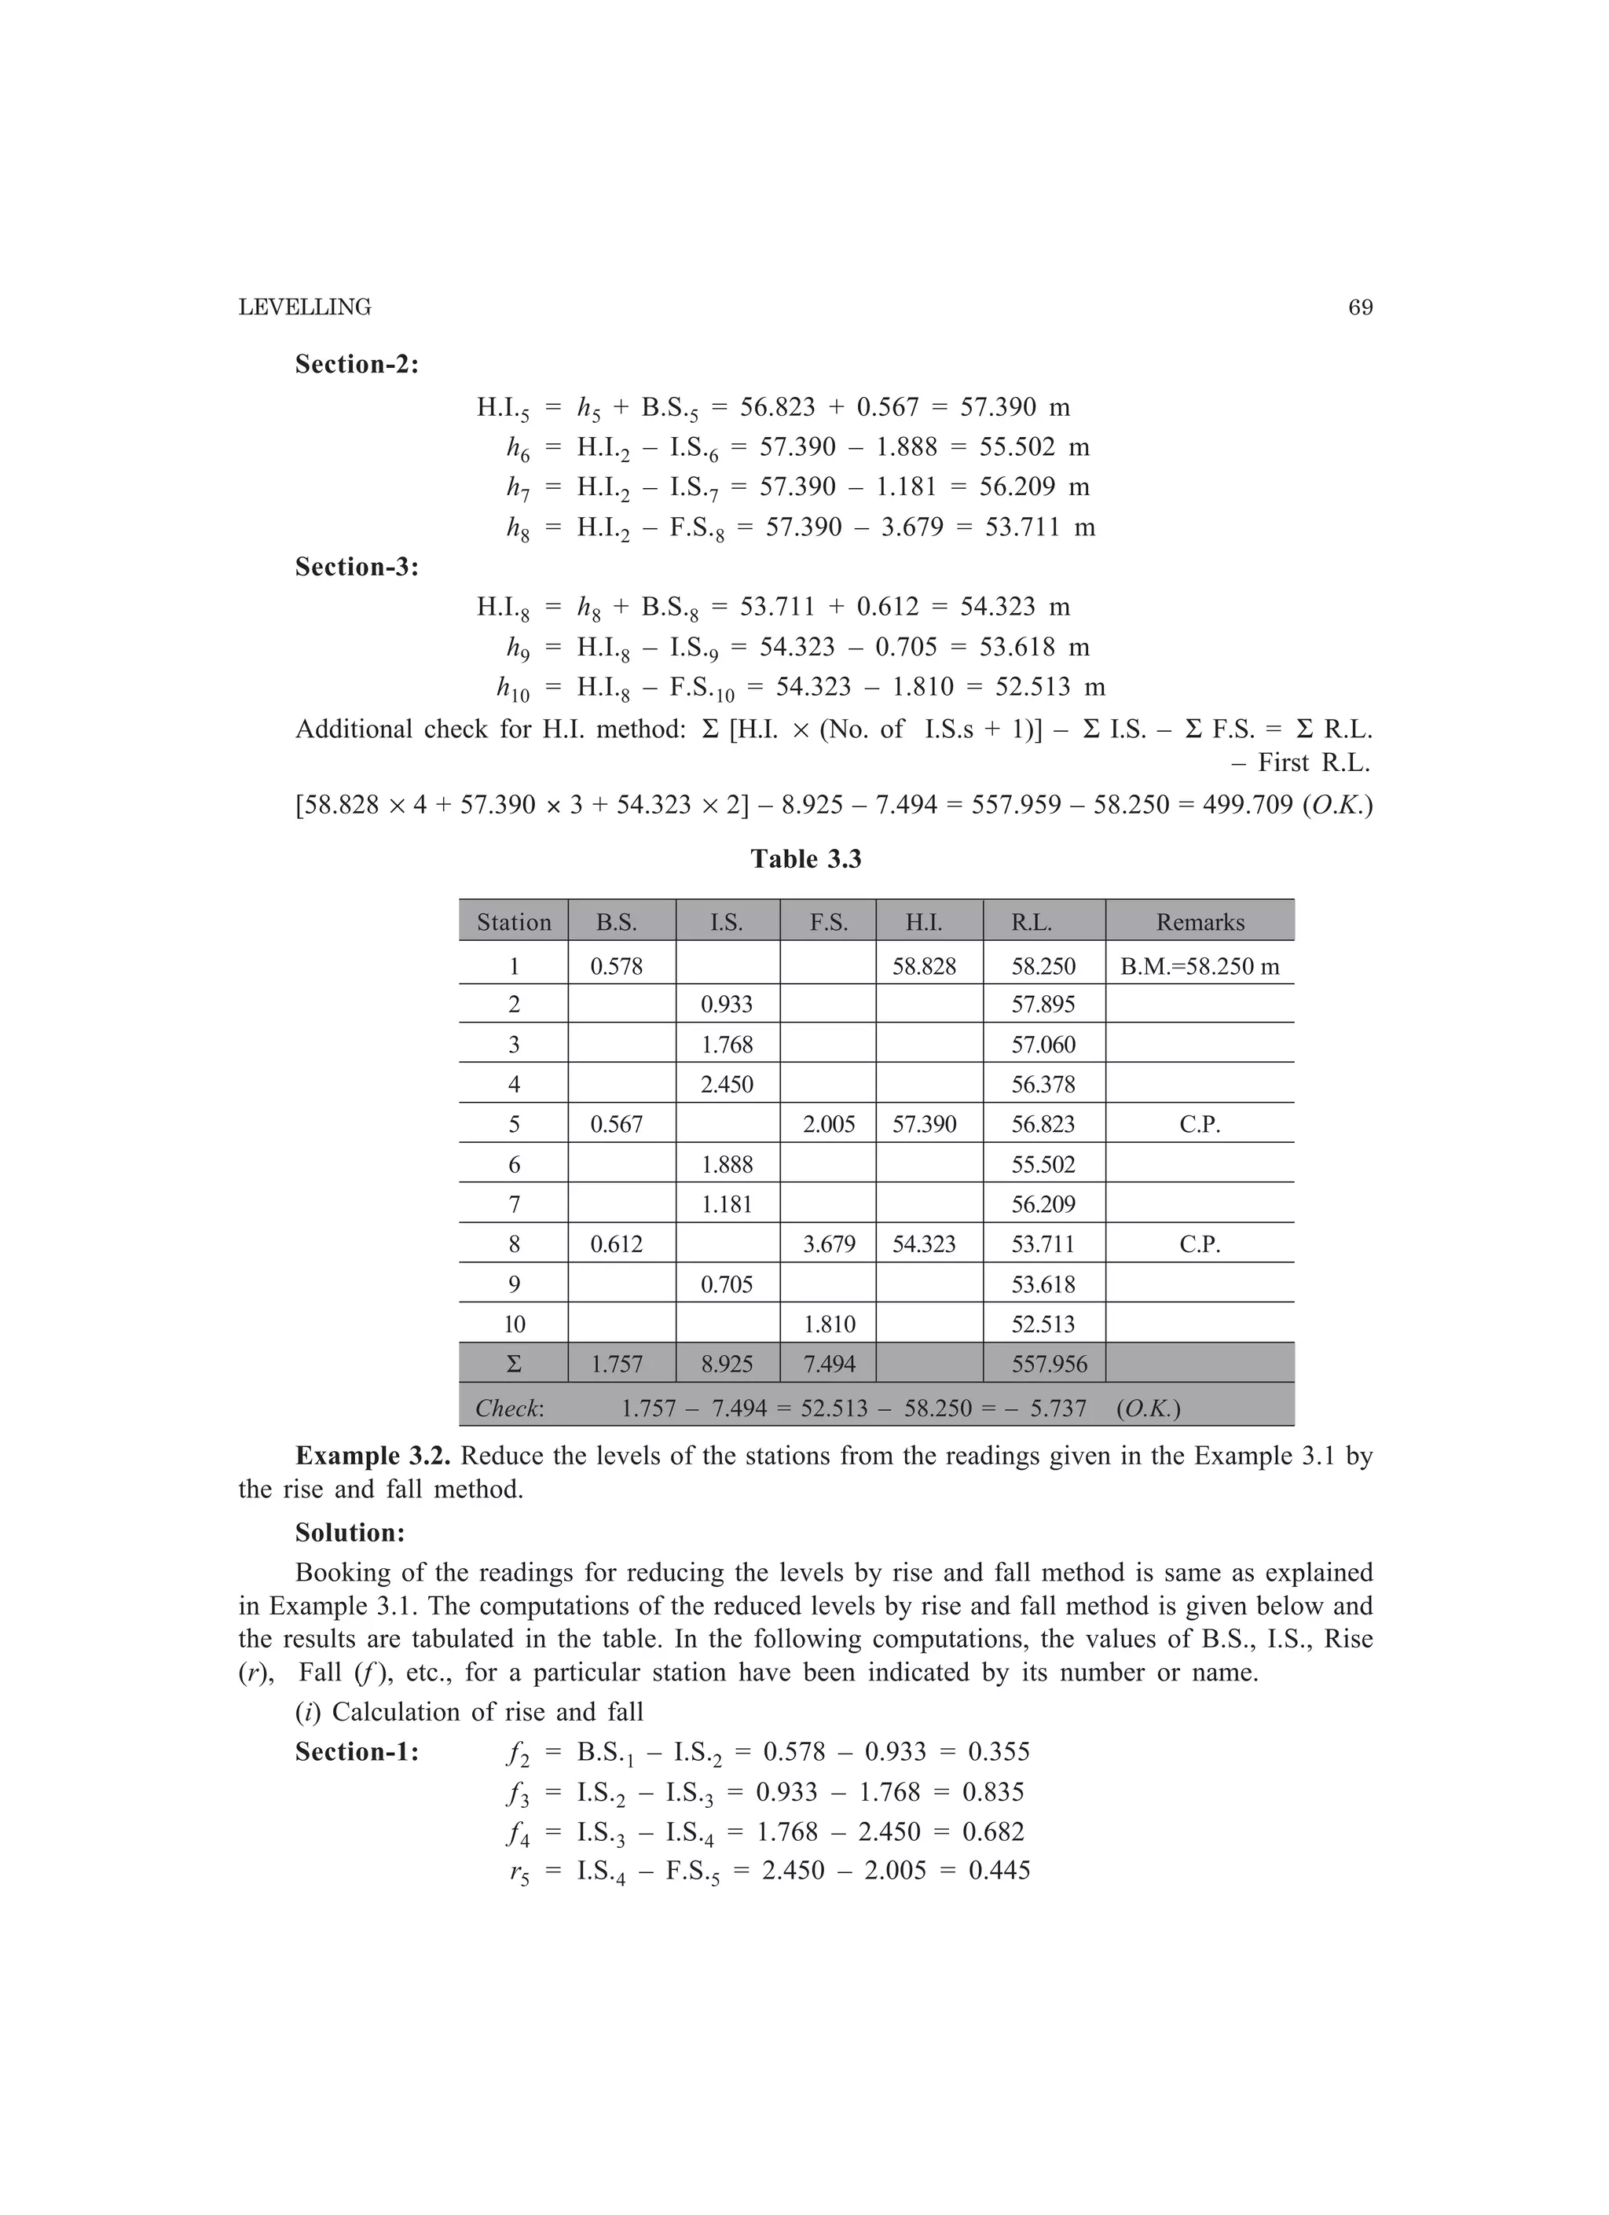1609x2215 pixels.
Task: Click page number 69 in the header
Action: click(x=1360, y=307)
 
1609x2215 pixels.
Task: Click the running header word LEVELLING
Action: click(x=305, y=307)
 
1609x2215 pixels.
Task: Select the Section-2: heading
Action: click(x=357, y=364)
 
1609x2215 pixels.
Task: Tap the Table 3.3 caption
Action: click(x=805, y=858)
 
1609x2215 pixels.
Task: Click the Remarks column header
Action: click(x=1199, y=922)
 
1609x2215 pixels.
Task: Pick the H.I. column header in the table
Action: click(x=924, y=922)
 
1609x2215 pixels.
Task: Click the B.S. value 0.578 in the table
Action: click(x=616, y=967)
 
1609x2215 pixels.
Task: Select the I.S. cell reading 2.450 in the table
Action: click(x=727, y=1084)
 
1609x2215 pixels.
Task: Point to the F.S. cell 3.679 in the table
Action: click(x=828, y=1244)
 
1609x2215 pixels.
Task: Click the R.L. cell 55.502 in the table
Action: click(x=1043, y=1164)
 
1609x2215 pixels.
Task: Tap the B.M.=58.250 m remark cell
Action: click(x=1199, y=967)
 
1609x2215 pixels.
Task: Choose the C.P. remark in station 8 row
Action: click(x=1199, y=1244)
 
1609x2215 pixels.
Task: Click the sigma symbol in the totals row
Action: click(x=514, y=1365)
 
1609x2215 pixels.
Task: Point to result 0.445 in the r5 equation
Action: click(x=999, y=1870)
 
